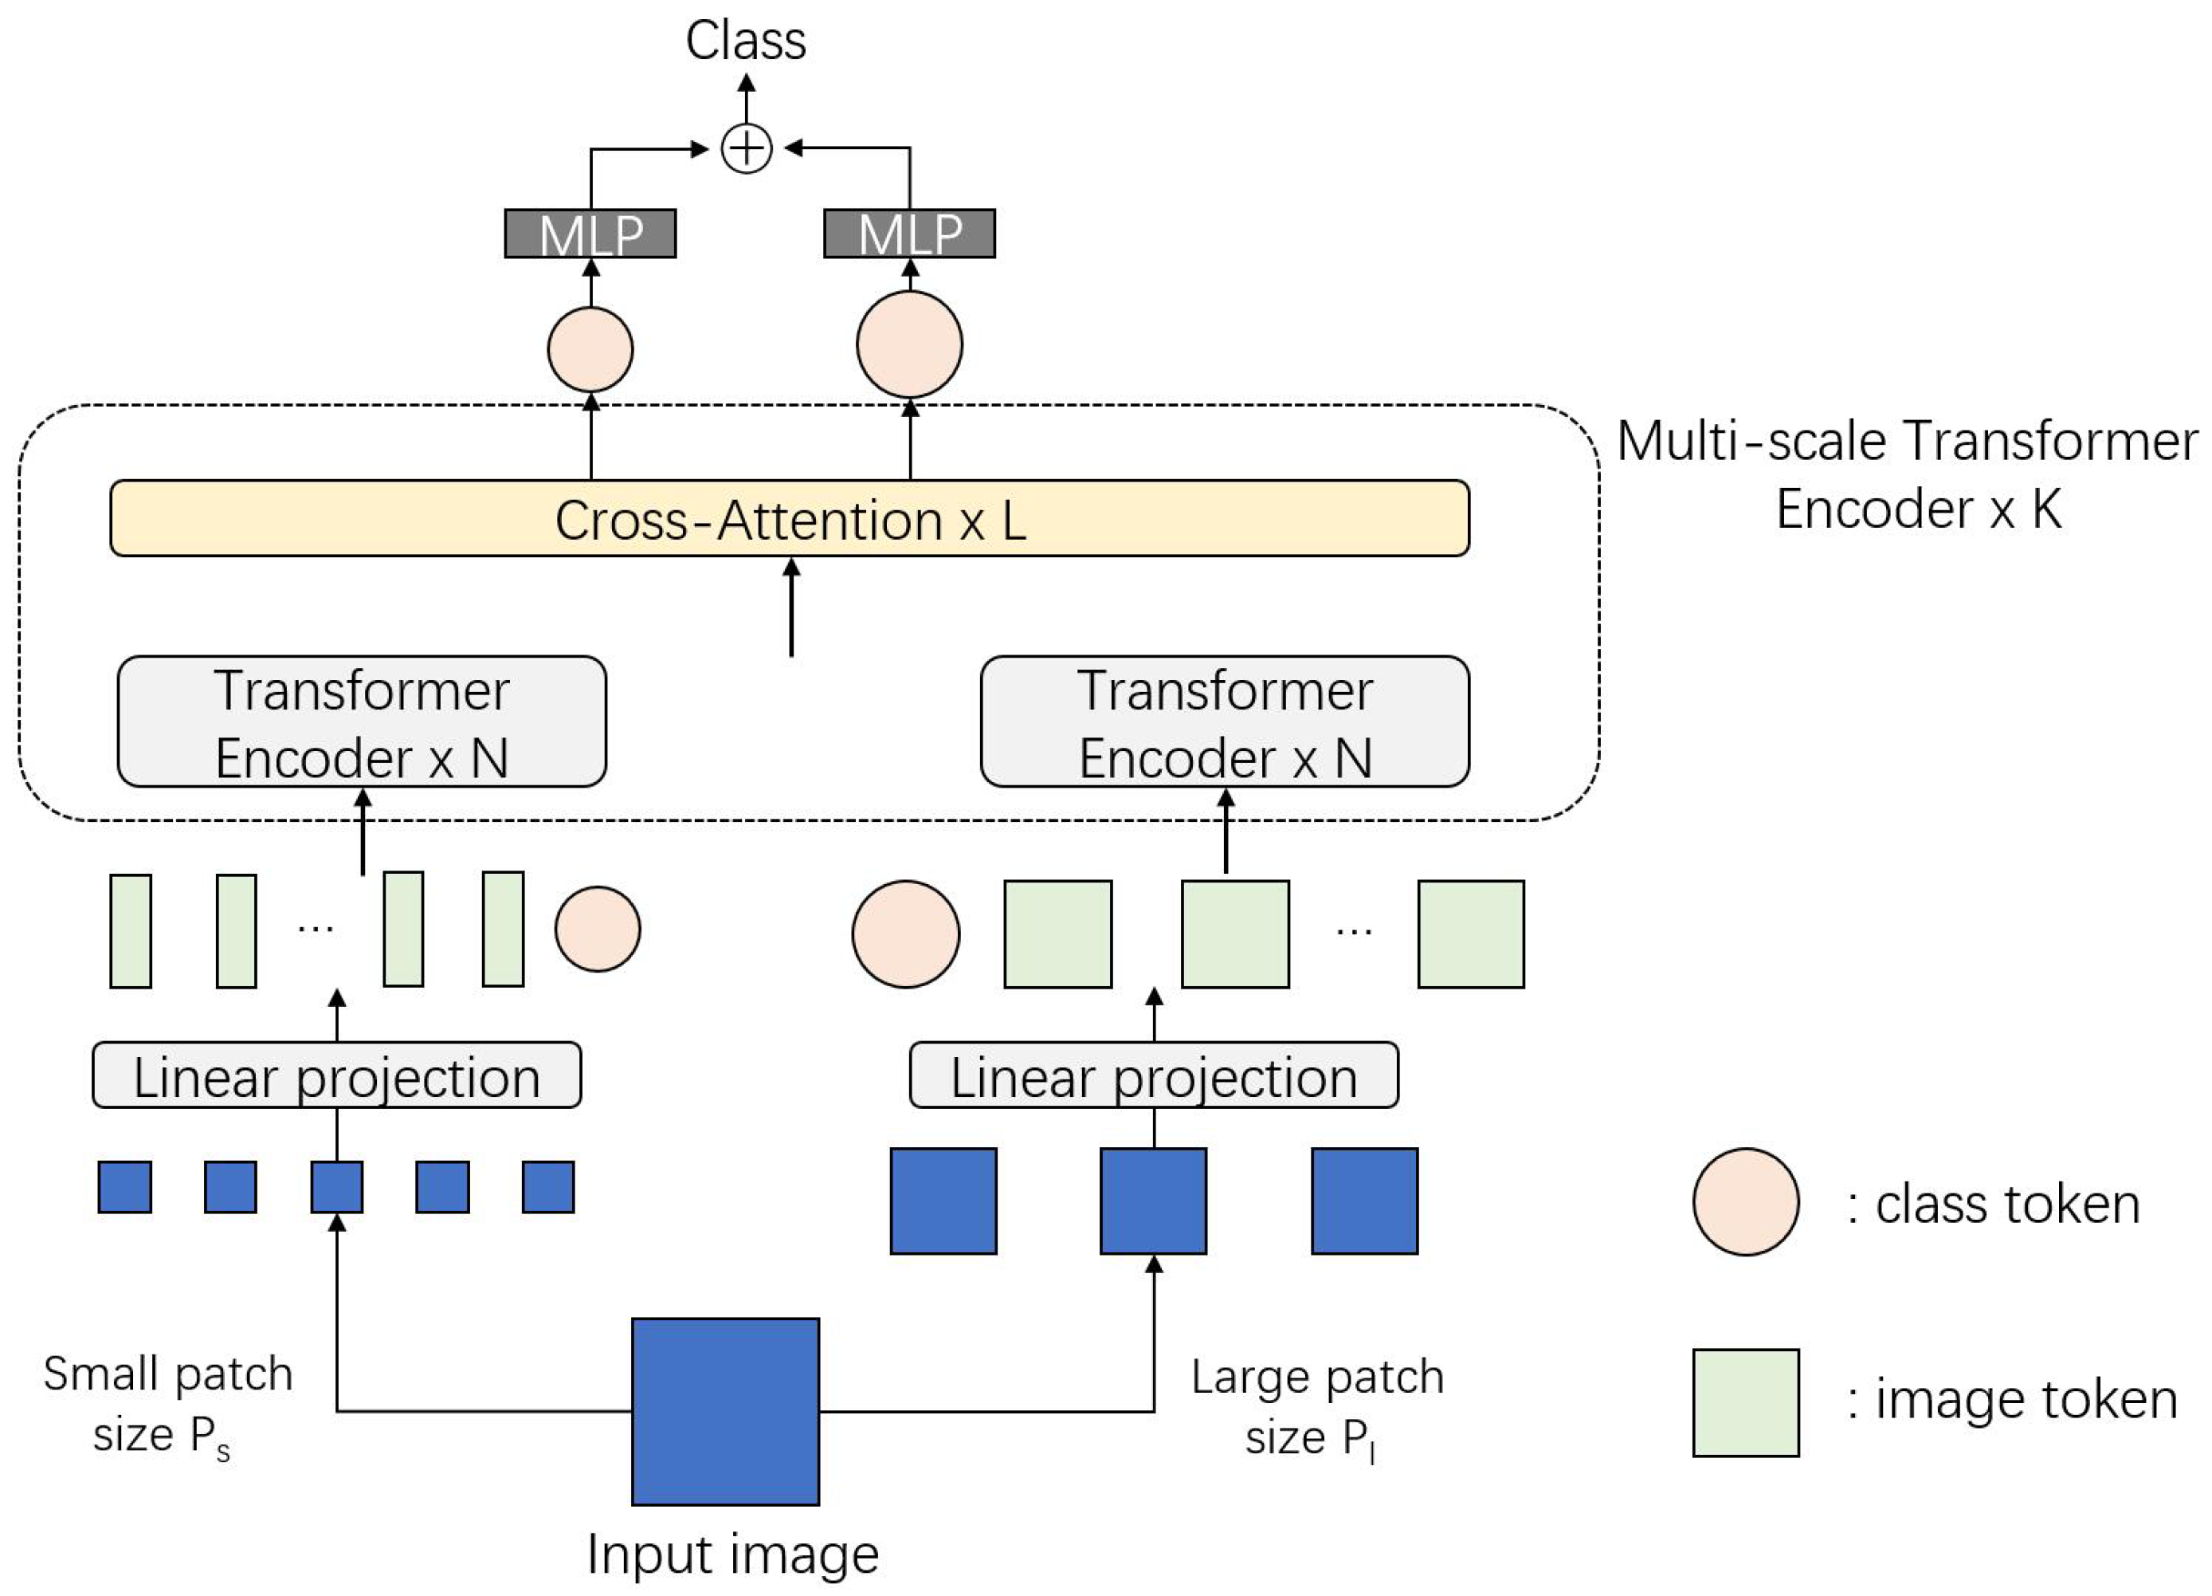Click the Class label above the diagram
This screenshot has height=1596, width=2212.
[745, 41]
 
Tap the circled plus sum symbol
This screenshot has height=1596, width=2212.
[746, 149]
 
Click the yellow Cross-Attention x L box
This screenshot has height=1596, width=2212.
[789, 518]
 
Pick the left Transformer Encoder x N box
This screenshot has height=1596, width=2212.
[362, 722]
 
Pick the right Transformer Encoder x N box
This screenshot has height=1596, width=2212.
[1224, 722]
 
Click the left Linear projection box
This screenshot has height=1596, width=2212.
[336, 1076]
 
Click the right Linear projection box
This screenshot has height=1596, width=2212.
[1154, 1076]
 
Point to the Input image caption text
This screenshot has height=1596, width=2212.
[732, 1554]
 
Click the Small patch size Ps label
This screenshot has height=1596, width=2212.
[167, 1405]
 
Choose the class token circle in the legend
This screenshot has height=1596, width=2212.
[1746, 1202]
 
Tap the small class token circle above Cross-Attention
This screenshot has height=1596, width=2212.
[590, 349]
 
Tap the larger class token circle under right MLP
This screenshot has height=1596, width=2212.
[909, 344]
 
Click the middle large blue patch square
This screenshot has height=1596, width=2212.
[1154, 1201]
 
